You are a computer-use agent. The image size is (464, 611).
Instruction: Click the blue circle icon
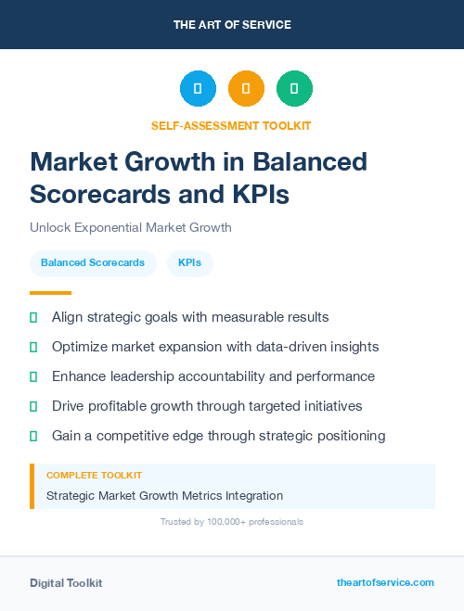[198, 89]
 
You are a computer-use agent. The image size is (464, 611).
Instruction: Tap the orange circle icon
[246, 89]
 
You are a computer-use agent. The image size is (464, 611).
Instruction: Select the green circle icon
[294, 89]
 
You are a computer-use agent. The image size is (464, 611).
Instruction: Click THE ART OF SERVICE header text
[232, 25]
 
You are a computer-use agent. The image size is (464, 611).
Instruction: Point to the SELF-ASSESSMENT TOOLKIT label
[231, 125]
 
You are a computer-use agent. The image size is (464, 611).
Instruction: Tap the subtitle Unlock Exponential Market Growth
[131, 227]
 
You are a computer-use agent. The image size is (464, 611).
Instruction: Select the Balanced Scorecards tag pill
[93, 263]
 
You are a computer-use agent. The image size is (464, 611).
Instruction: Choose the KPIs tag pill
[190, 263]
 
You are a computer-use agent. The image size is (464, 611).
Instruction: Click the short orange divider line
[50, 293]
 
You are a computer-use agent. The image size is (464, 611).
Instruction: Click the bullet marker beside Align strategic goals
[33, 317]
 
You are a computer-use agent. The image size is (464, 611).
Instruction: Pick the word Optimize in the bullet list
[81, 347]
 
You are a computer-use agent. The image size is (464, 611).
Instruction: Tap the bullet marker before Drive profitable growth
[33, 406]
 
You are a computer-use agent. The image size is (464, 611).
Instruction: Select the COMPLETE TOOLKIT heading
[95, 475]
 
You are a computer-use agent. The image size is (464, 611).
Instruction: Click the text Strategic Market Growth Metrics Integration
[164, 496]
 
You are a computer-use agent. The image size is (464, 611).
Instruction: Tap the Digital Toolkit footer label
[66, 582]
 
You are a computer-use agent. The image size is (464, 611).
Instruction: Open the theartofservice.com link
[385, 582]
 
